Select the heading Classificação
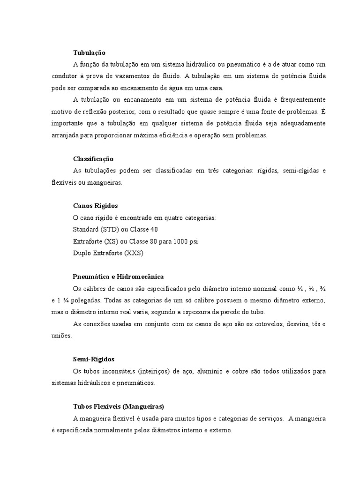point(93,159)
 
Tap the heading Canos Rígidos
point(95,206)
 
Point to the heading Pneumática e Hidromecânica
point(118,277)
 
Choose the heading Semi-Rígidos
point(94,359)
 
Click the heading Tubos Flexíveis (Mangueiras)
point(118,406)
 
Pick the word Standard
point(84,230)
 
